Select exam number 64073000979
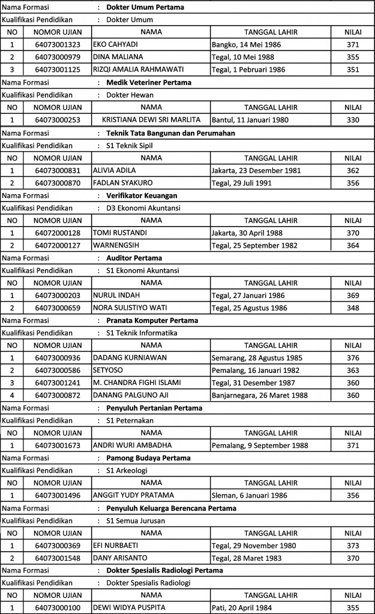point(58,57)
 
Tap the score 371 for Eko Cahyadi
point(353,44)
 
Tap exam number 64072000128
point(58,233)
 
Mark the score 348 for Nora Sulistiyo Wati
point(353,308)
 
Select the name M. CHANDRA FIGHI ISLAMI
point(137,383)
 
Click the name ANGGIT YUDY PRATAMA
point(133,495)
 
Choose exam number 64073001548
point(58,558)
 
